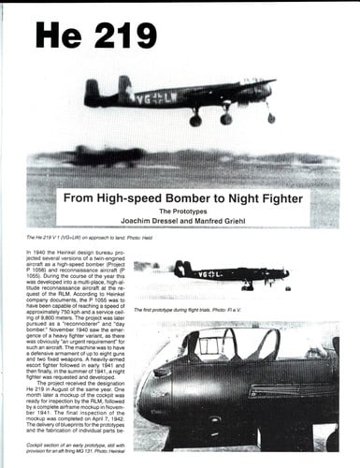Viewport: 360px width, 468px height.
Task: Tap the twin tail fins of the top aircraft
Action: (x=106, y=90)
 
